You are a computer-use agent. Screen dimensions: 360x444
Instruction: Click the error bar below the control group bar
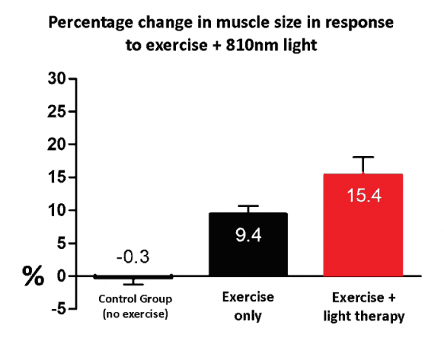(133, 282)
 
